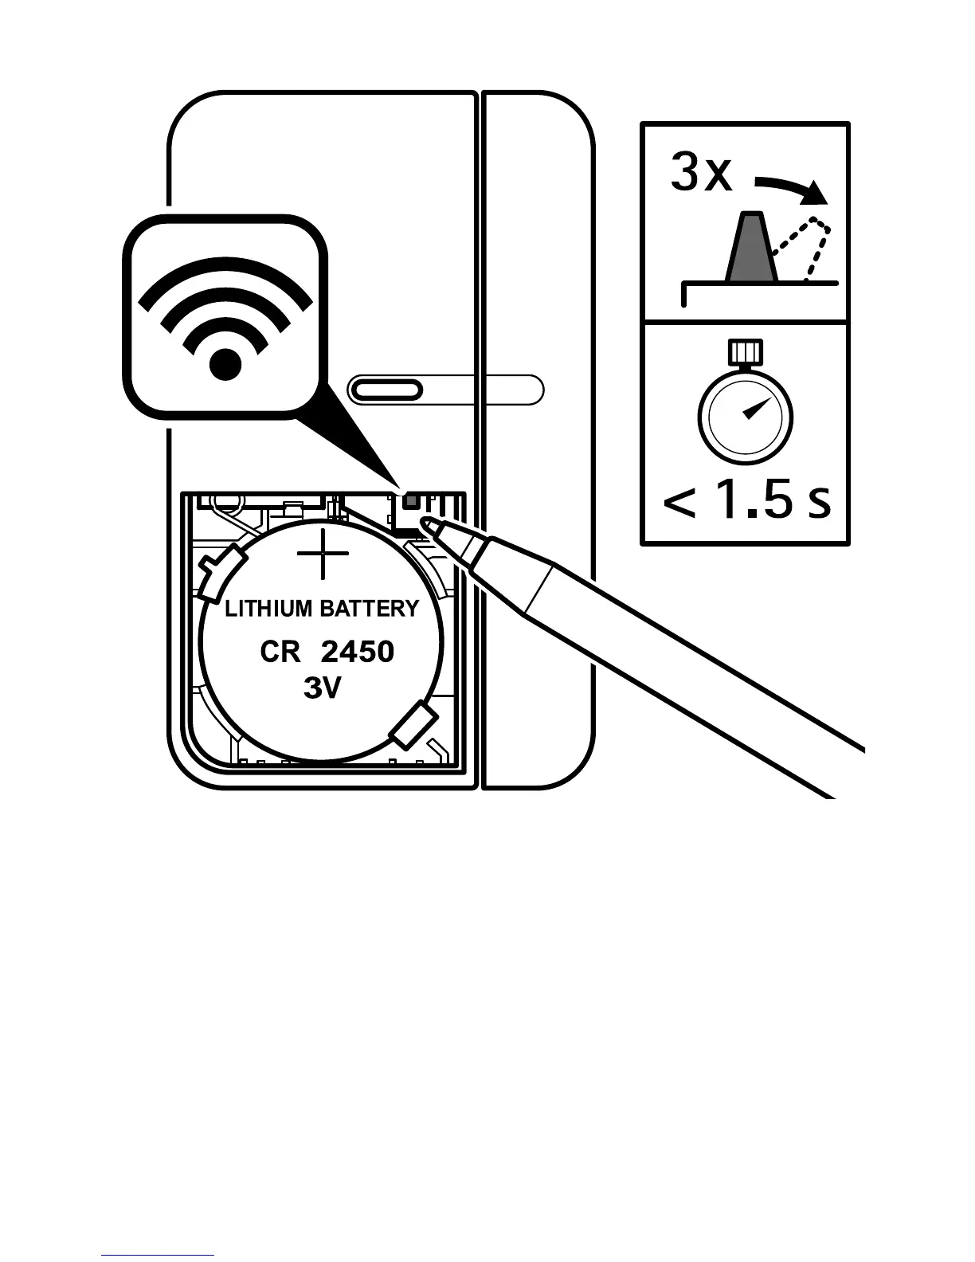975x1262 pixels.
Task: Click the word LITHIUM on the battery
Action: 268,609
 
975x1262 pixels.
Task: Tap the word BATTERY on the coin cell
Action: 369,609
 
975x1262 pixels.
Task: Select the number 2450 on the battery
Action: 358,653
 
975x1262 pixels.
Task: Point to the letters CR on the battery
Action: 280,653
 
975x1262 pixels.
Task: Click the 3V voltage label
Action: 322,688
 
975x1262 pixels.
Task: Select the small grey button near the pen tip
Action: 411,500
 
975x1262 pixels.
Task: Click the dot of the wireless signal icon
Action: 225,364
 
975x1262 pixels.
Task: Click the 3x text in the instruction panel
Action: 700,173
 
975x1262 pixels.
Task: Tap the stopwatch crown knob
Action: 746,350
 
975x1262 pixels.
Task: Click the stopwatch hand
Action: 753,409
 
